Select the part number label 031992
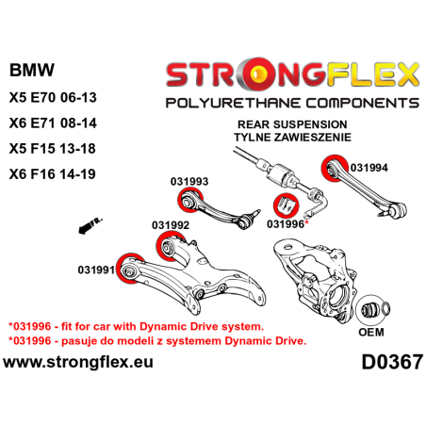171,226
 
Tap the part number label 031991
97,270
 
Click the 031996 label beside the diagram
286,225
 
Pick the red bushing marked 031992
174,248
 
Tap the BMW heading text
31,71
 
